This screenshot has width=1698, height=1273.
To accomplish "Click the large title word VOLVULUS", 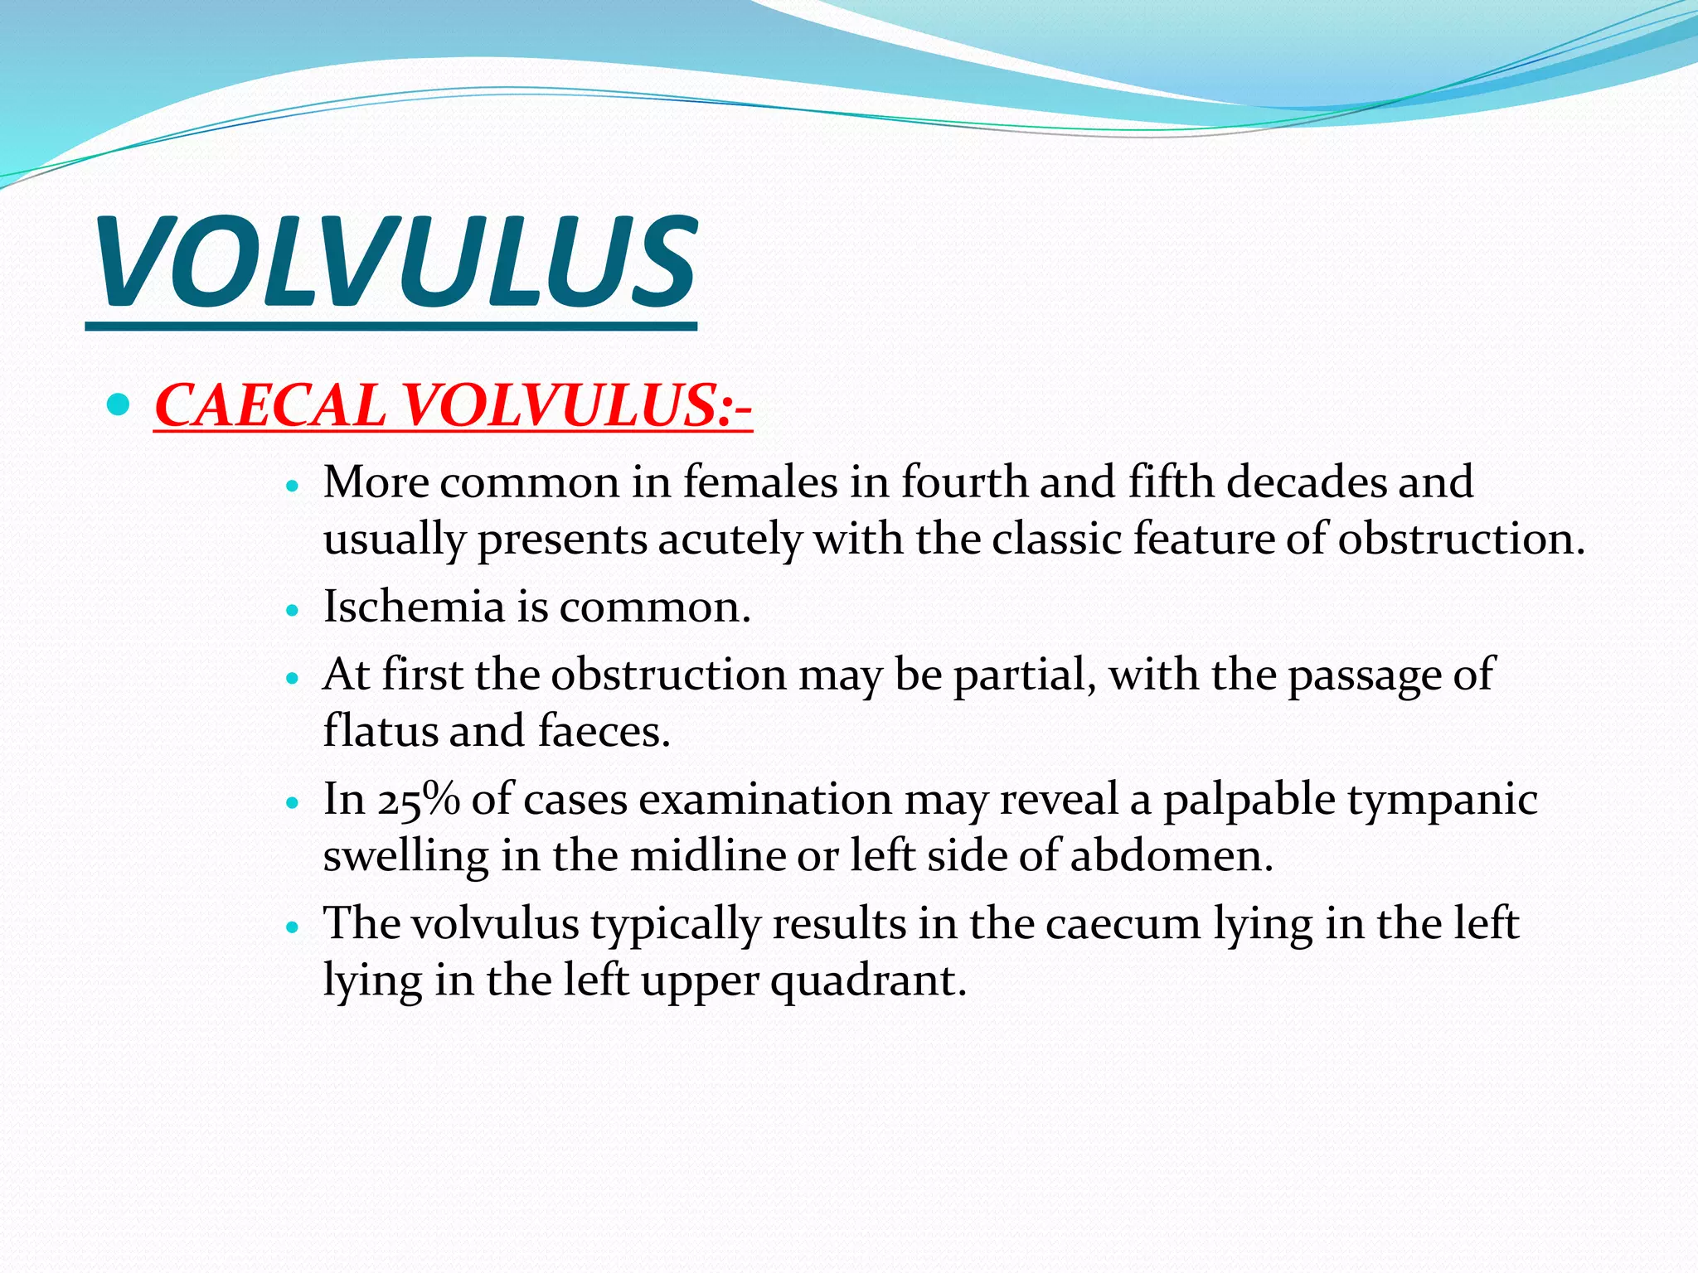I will (395, 261).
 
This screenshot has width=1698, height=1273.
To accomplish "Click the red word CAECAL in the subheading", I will (270, 406).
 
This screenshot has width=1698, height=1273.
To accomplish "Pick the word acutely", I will (730, 540).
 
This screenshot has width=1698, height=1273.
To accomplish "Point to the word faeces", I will (603, 732).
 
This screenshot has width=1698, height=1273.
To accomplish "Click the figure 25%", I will (419, 800).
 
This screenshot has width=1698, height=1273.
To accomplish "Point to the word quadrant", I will (868, 982).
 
